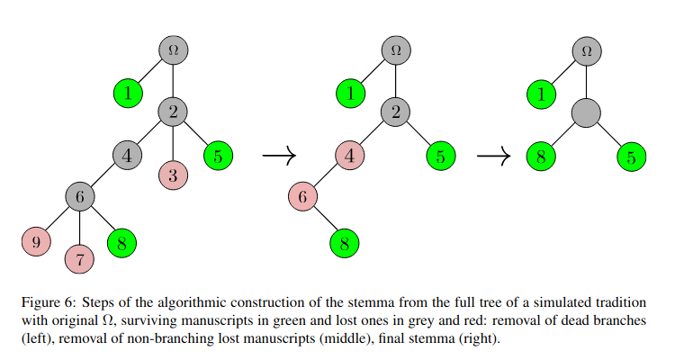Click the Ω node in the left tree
pyautogui.click(x=173, y=49)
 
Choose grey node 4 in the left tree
pyautogui.click(x=127, y=155)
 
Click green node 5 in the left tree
pyautogui.click(x=218, y=156)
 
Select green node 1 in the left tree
pyautogui.click(x=129, y=92)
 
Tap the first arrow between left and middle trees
pyautogui.click(x=279, y=157)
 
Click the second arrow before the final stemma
pyautogui.click(x=493, y=157)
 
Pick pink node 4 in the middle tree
pyautogui.click(x=350, y=156)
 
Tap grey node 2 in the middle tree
pyautogui.click(x=395, y=112)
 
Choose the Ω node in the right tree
pyautogui.click(x=587, y=49)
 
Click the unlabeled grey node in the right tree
pyautogui.click(x=587, y=112)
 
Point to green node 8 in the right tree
pyautogui.click(x=541, y=157)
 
